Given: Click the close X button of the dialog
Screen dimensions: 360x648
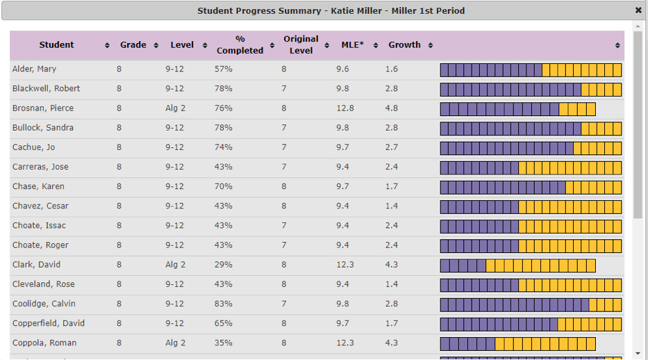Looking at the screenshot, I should [x=638, y=10].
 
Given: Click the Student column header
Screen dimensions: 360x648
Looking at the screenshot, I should [x=56, y=45].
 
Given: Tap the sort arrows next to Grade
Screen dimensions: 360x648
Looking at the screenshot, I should [x=156, y=46].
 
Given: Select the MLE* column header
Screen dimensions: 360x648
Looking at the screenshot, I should [x=353, y=45].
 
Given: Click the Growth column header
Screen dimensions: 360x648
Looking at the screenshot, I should [x=404, y=45].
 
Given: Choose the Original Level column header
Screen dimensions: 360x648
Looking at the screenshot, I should [x=301, y=45].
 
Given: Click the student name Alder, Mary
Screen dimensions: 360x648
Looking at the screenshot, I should [x=34, y=69].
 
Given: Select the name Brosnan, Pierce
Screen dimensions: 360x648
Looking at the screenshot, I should [x=43, y=108].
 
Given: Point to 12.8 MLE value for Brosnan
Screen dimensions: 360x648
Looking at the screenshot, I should [x=345, y=108].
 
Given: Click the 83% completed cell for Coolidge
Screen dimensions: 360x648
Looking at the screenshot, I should [x=224, y=304].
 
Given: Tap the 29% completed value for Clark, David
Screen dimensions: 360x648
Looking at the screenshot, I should [x=224, y=265].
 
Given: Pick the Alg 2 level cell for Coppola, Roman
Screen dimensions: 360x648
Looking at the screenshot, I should [x=176, y=343].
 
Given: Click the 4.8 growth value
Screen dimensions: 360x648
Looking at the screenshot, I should [x=392, y=108].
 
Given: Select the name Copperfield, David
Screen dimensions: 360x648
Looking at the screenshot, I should [x=49, y=323].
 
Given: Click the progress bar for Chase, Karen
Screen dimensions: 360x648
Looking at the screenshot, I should [x=531, y=187].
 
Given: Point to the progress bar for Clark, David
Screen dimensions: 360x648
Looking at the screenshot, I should [x=517, y=265].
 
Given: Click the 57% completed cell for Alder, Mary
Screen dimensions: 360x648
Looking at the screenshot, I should [x=224, y=69].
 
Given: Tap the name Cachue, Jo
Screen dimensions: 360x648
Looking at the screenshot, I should [x=33, y=147].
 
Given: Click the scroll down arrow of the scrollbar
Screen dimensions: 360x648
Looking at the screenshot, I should [x=638, y=353].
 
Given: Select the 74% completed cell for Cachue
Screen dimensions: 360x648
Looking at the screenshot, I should [x=224, y=147].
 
